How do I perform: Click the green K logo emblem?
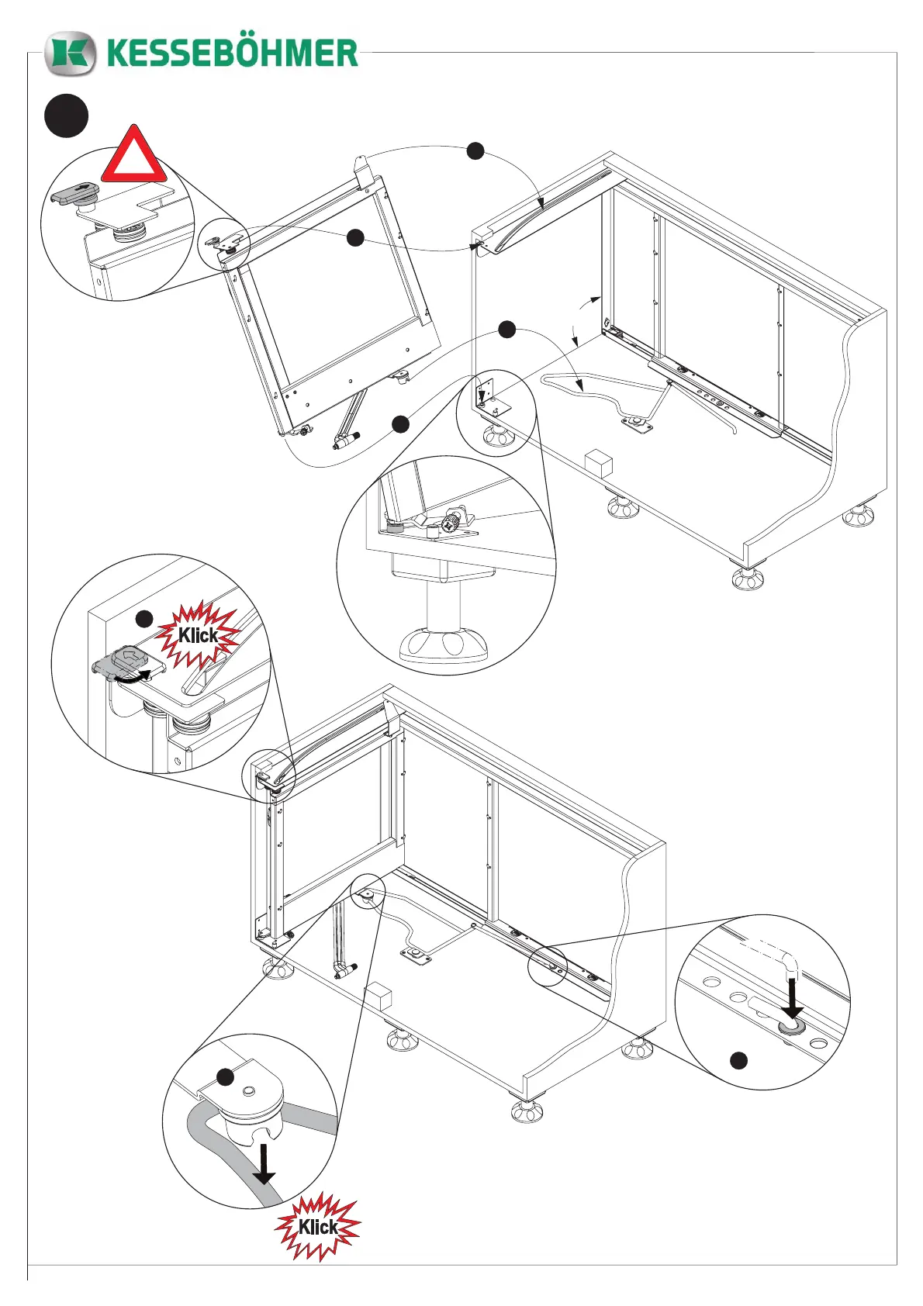(x=70, y=54)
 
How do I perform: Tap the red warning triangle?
(x=134, y=157)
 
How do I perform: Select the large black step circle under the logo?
(x=66, y=116)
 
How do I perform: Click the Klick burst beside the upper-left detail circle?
(x=198, y=636)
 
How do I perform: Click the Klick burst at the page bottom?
(x=318, y=1227)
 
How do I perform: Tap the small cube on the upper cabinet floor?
(x=598, y=462)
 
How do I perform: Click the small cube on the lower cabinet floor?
(x=378, y=997)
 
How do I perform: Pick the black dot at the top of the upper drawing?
(x=475, y=151)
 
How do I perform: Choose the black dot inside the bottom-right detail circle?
(x=739, y=1060)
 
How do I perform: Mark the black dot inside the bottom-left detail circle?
(x=225, y=1077)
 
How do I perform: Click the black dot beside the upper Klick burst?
(x=144, y=619)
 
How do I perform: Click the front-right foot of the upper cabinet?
(x=746, y=578)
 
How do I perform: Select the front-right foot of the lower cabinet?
(x=527, y=1111)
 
